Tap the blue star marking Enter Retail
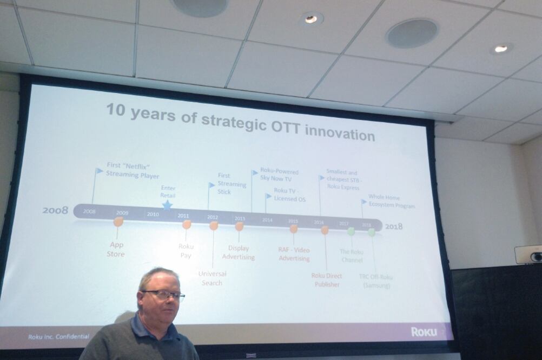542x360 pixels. (x=167, y=205)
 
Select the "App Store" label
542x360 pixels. (x=116, y=249)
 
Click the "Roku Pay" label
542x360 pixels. (x=186, y=251)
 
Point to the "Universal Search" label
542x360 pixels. (x=212, y=278)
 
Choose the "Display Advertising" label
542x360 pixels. (x=238, y=252)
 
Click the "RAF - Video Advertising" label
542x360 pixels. (x=294, y=254)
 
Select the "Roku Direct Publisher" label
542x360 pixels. (x=326, y=280)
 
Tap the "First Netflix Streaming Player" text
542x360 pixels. (x=132, y=171)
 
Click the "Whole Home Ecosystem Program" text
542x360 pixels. (x=392, y=202)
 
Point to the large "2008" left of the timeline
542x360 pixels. (x=56, y=210)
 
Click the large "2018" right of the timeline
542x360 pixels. (x=394, y=226)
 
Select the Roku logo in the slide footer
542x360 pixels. (x=424, y=331)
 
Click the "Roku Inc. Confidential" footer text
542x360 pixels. (x=59, y=336)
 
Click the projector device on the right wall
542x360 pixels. (x=528, y=254)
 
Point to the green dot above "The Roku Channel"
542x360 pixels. (x=351, y=231)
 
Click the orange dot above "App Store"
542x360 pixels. (x=118, y=222)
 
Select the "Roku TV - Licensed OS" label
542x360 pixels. (x=289, y=195)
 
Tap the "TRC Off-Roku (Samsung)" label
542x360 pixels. (x=376, y=281)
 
